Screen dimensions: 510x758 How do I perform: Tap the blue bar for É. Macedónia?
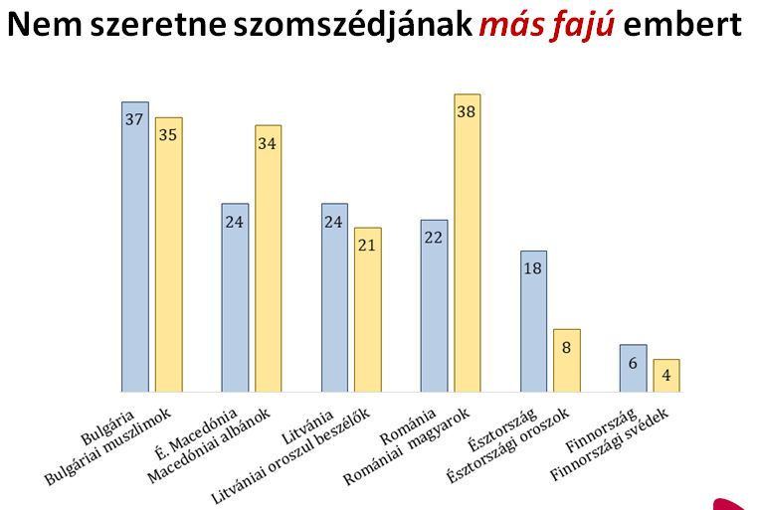pyautogui.click(x=235, y=297)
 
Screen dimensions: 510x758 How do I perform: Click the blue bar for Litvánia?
pyautogui.click(x=334, y=297)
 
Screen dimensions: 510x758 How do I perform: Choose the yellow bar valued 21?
pyautogui.click(x=368, y=309)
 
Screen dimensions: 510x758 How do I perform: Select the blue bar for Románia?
pyautogui.click(x=434, y=305)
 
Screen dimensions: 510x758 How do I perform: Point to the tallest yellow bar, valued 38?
pyautogui.click(x=468, y=244)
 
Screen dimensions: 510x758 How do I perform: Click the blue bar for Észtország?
pyautogui.click(x=533, y=321)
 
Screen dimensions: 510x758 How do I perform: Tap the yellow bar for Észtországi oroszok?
pyautogui.click(x=567, y=360)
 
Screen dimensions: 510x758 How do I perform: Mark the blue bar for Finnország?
pyautogui.click(x=633, y=368)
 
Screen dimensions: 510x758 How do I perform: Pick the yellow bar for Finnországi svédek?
pyautogui.click(x=666, y=376)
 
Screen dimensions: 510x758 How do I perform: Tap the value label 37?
pyautogui.click(x=134, y=119)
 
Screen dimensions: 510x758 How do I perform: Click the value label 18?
pyautogui.click(x=533, y=268)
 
